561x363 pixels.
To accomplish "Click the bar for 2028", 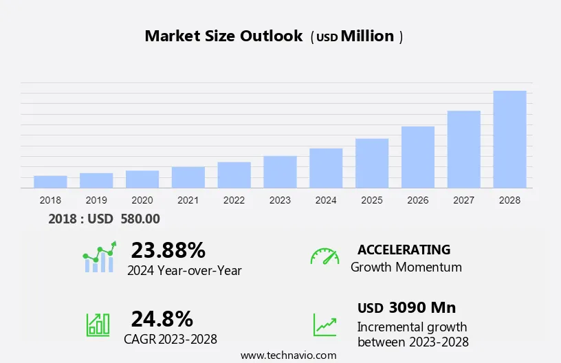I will (x=509, y=140).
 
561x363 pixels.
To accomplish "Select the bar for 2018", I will (x=50, y=181).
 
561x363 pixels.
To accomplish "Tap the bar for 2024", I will (x=326, y=168).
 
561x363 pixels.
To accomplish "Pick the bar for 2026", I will (x=418, y=157).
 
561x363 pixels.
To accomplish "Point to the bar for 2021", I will (x=188, y=177).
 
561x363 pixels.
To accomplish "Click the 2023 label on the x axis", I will (x=280, y=200).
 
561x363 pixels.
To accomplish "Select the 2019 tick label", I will (x=96, y=200).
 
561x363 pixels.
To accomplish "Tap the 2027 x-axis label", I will (x=464, y=200).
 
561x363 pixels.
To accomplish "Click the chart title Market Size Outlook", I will (x=223, y=36).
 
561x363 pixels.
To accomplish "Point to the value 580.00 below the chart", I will (x=140, y=219).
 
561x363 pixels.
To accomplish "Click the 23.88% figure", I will (x=168, y=250).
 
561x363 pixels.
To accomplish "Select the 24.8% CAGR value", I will (x=162, y=318).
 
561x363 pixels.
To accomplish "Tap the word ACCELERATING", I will (x=404, y=250).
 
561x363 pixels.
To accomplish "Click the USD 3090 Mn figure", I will (x=406, y=307).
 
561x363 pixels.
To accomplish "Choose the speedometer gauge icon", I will (x=324, y=256).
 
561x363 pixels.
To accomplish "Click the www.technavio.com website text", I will (x=289, y=355).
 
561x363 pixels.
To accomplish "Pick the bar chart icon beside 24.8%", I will (x=98, y=324).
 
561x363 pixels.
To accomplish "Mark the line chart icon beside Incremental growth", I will (x=324, y=324).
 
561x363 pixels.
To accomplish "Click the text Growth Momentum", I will (x=406, y=267).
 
